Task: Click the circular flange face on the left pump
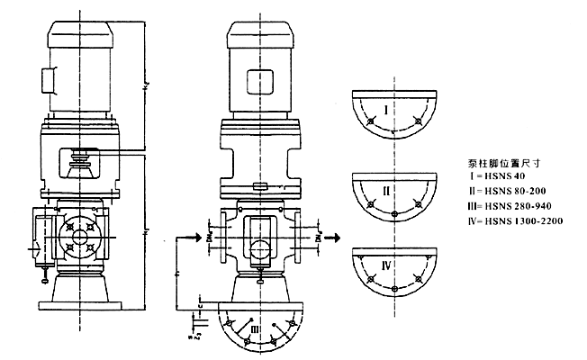(x=78, y=236)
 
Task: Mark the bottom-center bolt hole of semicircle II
(x=395, y=213)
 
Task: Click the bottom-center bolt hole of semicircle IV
(x=395, y=288)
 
